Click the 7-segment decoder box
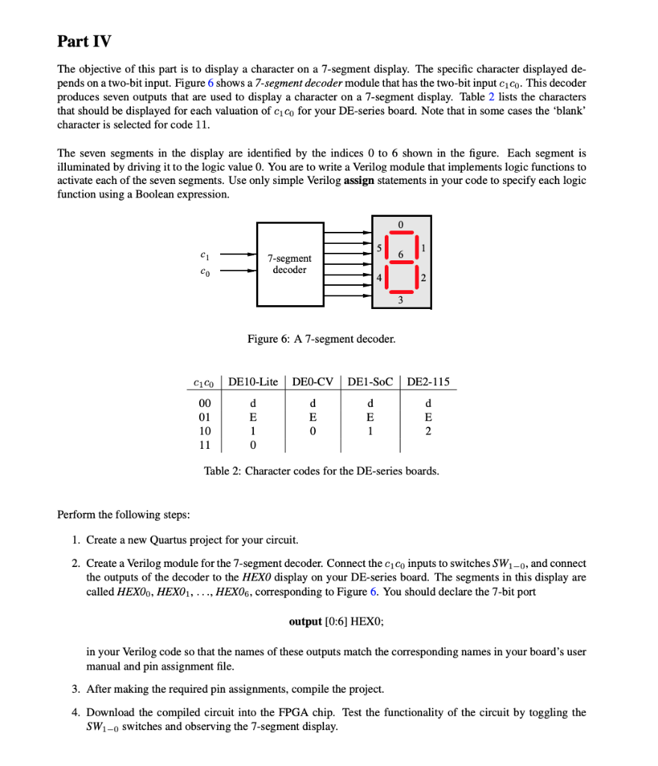(x=289, y=264)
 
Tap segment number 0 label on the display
(x=400, y=224)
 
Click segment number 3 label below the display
(x=400, y=300)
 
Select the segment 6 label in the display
(x=400, y=255)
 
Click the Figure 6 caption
(x=321, y=339)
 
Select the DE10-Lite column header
(x=252, y=382)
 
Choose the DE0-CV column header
(x=312, y=382)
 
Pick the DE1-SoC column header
(x=370, y=382)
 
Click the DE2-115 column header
(x=427, y=382)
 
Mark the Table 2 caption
(x=321, y=471)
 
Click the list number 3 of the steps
(x=76, y=688)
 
